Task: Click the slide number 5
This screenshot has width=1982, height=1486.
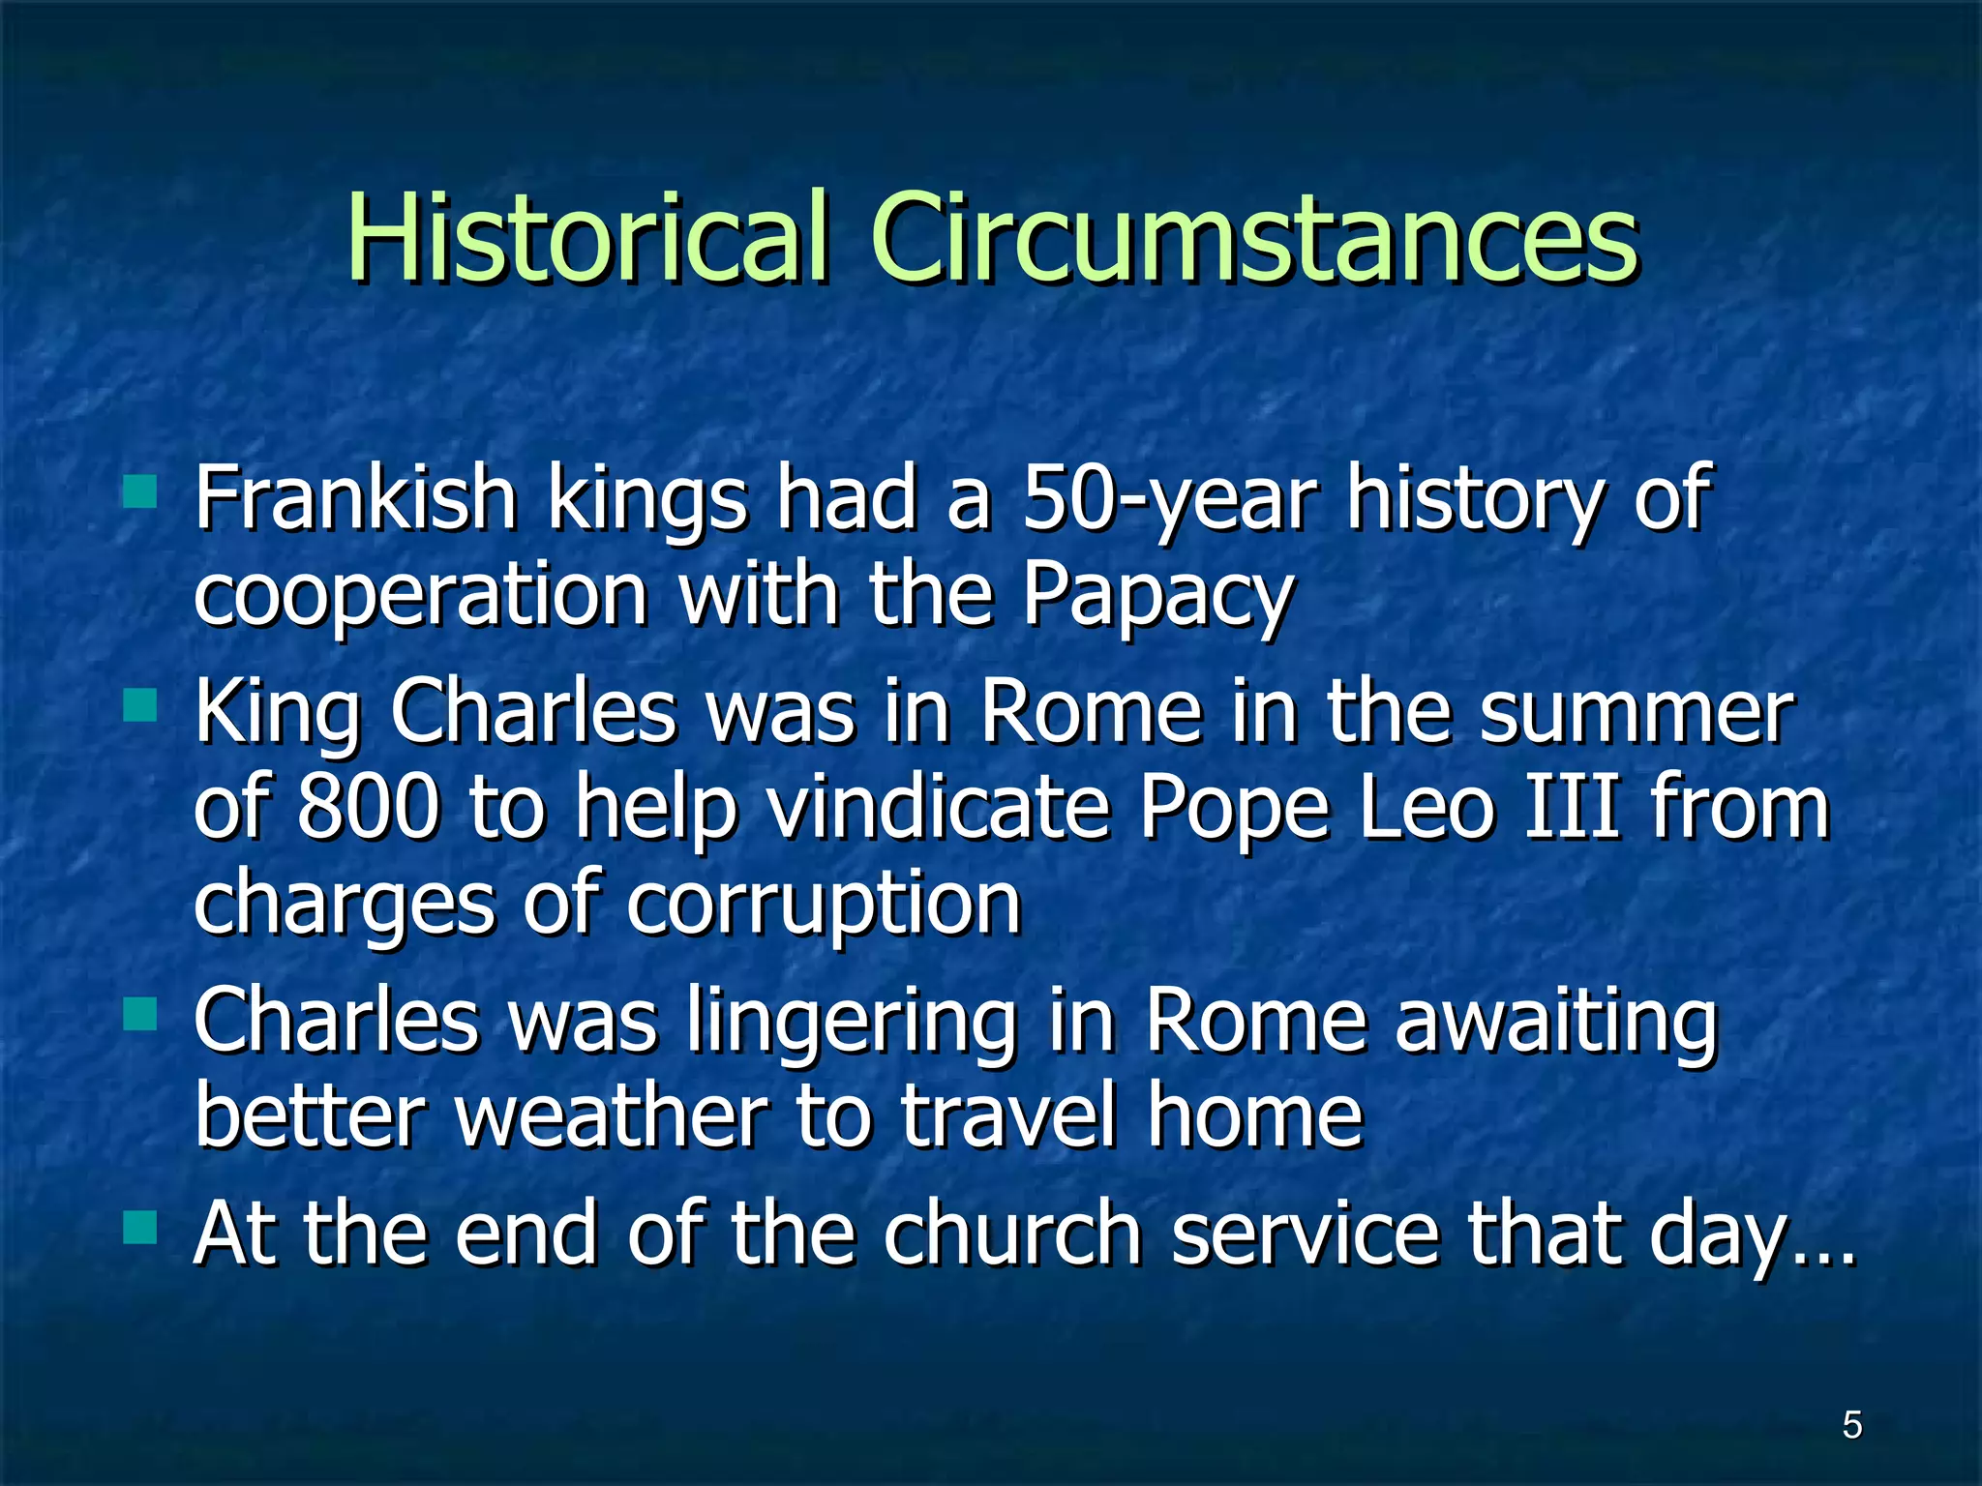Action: tap(1851, 1425)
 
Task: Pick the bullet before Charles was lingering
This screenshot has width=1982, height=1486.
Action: tap(140, 1015)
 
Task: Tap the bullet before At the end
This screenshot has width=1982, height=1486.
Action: tap(140, 1228)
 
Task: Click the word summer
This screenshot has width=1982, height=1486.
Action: tap(1637, 713)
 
